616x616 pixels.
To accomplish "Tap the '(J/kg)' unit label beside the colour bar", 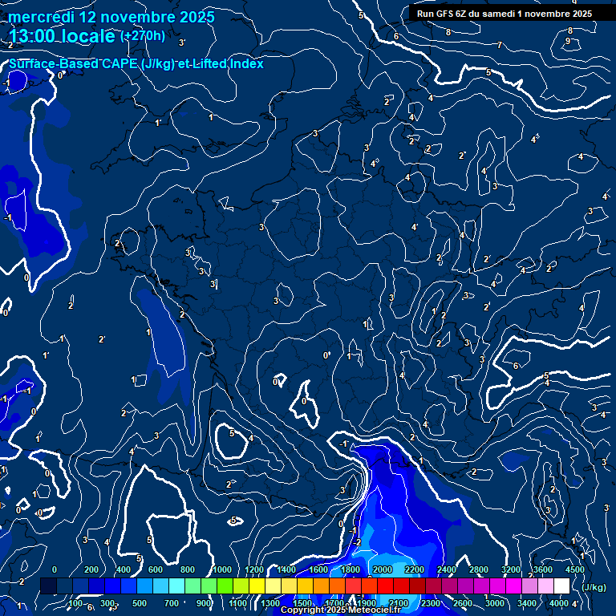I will [x=594, y=587].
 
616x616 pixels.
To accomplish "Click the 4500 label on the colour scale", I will [x=575, y=569].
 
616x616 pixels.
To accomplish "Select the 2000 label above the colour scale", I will [x=383, y=569].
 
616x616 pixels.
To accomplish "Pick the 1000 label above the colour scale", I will [x=222, y=569].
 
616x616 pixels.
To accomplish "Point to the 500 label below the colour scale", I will [x=140, y=603].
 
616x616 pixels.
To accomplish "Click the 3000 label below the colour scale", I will [x=495, y=603].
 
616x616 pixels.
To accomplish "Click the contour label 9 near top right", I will [x=568, y=41].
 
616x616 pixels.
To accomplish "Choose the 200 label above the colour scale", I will [x=91, y=569].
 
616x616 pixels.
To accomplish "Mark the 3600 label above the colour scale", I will [x=543, y=569].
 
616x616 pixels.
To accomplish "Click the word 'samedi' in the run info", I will [x=498, y=14].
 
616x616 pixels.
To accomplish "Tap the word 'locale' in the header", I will [x=90, y=36].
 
